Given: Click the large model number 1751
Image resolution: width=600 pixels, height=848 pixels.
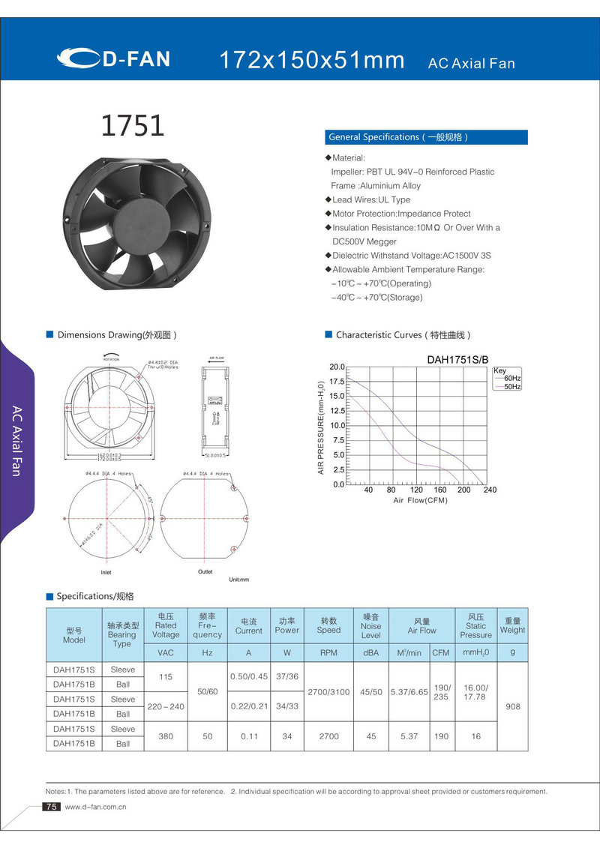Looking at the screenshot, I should (133, 125).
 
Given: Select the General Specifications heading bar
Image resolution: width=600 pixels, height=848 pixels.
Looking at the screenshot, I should (426, 137).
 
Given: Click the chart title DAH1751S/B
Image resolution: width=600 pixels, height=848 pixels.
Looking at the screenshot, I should (457, 359).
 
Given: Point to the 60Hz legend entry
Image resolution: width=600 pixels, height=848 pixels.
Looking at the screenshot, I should (512, 379).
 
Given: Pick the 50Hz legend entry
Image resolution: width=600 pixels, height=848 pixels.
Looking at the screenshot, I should (512, 386).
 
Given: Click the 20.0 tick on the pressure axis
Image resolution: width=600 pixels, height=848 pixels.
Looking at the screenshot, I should (337, 367).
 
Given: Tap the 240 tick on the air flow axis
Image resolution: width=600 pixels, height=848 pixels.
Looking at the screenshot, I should (490, 490).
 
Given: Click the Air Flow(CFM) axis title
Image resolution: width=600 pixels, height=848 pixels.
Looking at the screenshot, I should (420, 500).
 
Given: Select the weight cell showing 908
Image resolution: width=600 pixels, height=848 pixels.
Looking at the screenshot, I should (513, 706).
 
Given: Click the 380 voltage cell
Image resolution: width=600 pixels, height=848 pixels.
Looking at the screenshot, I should (166, 736).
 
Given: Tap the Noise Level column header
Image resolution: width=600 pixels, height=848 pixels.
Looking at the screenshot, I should (370, 626).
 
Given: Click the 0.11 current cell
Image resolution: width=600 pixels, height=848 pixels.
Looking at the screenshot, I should (249, 736).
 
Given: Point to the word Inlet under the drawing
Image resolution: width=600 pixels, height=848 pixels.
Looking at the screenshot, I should (106, 573).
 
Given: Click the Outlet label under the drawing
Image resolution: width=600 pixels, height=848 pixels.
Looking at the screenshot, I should (205, 572).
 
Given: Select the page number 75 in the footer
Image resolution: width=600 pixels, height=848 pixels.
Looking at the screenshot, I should (52, 807).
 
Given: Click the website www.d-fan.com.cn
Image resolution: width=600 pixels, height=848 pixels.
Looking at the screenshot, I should (95, 808).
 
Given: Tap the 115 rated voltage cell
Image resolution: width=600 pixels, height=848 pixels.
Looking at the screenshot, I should (166, 677).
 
